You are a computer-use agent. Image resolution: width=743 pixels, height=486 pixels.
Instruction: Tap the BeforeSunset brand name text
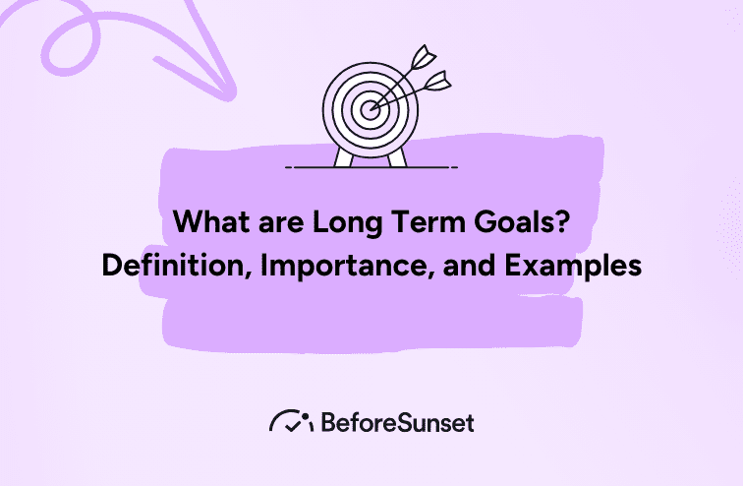(398, 422)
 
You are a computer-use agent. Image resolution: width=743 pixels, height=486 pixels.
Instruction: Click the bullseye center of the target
(371, 109)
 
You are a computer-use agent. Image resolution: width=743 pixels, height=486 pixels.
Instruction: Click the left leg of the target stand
(343, 156)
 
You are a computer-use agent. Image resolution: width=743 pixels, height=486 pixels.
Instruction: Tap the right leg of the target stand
(398, 156)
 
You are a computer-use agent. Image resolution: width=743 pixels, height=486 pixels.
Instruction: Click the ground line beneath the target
(371, 168)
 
